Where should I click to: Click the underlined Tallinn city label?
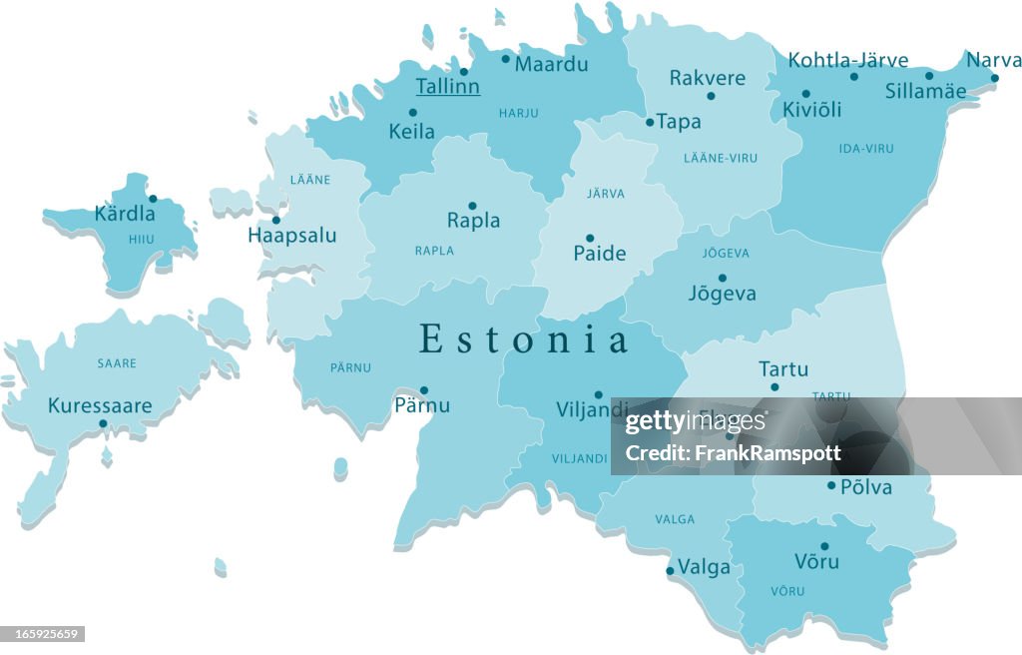pyautogui.click(x=447, y=87)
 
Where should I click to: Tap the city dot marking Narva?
pyautogui.click(x=994, y=78)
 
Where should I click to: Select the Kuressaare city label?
pyautogui.click(x=100, y=405)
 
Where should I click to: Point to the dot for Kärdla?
pyautogui.click(x=153, y=198)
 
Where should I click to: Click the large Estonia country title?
pyautogui.click(x=524, y=339)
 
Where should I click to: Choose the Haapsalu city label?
pyautogui.click(x=292, y=236)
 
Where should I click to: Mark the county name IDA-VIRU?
pyautogui.click(x=866, y=149)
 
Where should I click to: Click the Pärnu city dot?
pyautogui.click(x=423, y=390)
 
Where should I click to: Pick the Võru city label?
pyautogui.click(x=816, y=561)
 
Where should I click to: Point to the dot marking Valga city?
pyautogui.click(x=670, y=571)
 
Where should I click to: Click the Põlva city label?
pyautogui.click(x=865, y=487)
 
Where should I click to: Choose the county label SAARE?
pyautogui.click(x=117, y=363)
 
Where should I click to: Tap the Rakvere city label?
pyautogui.click(x=707, y=78)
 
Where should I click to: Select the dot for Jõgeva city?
pyautogui.click(x=722, y=278)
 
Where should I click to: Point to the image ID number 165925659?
pyautogui.click(x=43, y=634)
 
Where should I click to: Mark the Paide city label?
pyautogui.click(x=599, y=254)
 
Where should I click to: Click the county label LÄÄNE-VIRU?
pyautogui.click(x=720, y=158)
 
